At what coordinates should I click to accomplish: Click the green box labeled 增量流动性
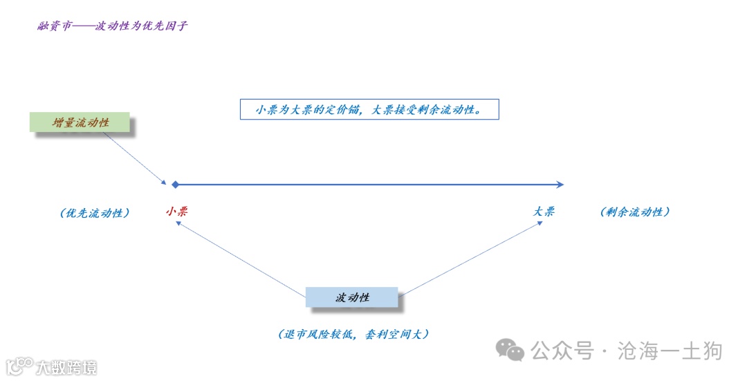click(81, 122)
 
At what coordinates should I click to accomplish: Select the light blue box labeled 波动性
click(352, 297)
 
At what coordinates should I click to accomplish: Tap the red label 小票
click(176, 212)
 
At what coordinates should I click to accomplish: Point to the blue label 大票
click(544, 212)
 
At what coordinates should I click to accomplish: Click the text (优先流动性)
click(95, 213)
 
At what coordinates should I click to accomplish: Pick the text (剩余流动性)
click(635, 212)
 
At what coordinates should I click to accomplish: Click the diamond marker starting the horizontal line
click(176, 185)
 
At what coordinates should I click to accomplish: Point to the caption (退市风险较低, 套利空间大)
click(353, 334)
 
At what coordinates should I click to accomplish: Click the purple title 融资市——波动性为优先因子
click(113, 27)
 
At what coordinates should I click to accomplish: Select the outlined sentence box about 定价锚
click(369, 109)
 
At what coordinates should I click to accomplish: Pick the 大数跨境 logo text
click(66, 367)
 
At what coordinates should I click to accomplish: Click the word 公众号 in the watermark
click(562, 351)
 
